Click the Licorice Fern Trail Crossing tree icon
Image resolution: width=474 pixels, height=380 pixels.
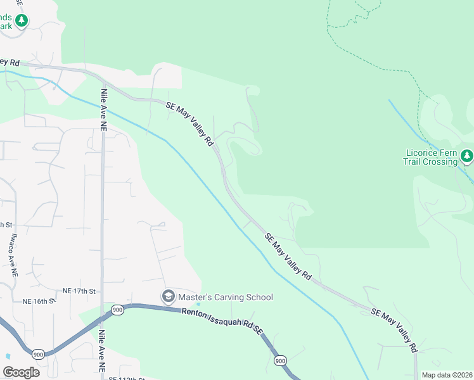pyautogui.click(x=466, y=155)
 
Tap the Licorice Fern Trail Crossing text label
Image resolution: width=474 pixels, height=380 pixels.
pyautogui.click(x=430, y=157)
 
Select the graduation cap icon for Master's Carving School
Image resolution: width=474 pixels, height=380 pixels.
pyautogui.click(x=169, y=296)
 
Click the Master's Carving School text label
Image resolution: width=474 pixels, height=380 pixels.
pyautogui.click(x=225, y=297)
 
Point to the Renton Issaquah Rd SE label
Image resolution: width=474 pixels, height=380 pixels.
pyautogui.click(x=222, y=320)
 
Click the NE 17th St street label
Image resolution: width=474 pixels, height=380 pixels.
pyautogui.click(x=79, y=291)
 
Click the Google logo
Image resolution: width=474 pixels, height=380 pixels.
pyautogui.click(x=22, y=372)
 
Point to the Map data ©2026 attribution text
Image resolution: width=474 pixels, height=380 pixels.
pyautogui.click(x=447, y=375)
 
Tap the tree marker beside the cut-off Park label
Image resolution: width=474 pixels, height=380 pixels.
pyautogui.click(x=22, y=21)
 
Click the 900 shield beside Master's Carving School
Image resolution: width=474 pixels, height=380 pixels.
pyautogui.click(x=117, y=309)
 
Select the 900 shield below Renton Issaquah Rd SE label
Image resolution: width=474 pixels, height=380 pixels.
pyautogui.click(x=280, y=360)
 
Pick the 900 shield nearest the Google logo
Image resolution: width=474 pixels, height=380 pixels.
pyautogui.click(x=38, y=353)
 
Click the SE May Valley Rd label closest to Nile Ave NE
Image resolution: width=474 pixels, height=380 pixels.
pyautogui.click(x=189, y=124)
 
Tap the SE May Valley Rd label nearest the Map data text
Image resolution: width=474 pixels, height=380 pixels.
pyautogui.click(x=394, y=330)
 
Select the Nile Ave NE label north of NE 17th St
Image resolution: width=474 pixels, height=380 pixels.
pyautogui.click(x=103, y=109)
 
